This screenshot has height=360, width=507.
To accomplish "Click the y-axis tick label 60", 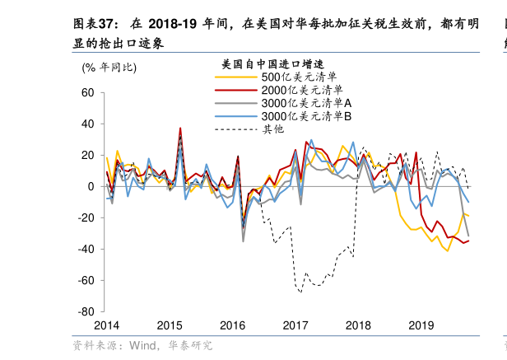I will [x=88, y=93].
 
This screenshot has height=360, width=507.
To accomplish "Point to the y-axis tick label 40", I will [x=88, y=124].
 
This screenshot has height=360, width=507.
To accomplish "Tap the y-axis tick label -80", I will [x=86, y=313].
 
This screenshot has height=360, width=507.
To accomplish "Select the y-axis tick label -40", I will [x=86, y=250].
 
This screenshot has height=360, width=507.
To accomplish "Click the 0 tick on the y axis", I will [x=91, y=187].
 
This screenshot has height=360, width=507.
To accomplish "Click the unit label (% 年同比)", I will [x=109, y=67].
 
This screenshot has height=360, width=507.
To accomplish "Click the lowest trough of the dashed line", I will [x=300, y=292].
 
